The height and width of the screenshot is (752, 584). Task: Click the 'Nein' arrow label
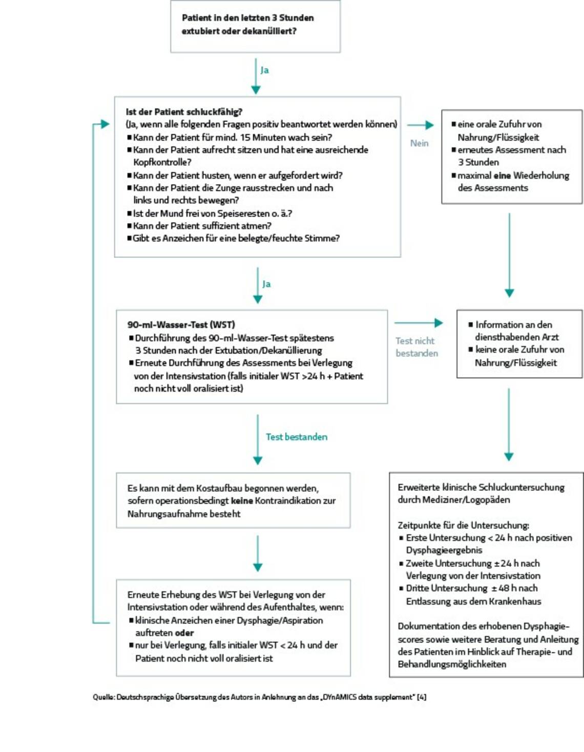click(x=419, y=143)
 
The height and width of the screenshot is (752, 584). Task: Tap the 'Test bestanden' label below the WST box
click(x=296, y=437)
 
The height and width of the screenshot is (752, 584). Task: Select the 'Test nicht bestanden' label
click(x=416, y=347)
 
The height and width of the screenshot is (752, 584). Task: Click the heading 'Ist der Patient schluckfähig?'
click(x=184, y=112)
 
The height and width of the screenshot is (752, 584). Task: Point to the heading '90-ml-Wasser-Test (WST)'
click(x=181, y=325)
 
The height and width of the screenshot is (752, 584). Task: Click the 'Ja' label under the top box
click(x=264, y=70)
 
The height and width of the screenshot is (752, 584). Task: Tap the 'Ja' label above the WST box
click(x=266, y=284)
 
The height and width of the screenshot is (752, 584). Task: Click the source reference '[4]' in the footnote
click(x=422, y=697)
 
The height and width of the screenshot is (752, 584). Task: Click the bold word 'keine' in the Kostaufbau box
click(x=242, y=501)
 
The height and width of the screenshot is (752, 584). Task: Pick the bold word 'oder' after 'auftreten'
click(x=184, y=633)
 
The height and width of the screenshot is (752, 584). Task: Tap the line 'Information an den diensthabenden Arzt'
click(x=514, y=331)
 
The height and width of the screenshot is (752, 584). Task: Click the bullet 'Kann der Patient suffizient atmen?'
click(x=202, y=226)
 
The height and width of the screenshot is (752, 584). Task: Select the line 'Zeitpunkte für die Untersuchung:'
click(x=463, y=525)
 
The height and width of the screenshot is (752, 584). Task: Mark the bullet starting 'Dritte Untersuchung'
click(x=472, y=595)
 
